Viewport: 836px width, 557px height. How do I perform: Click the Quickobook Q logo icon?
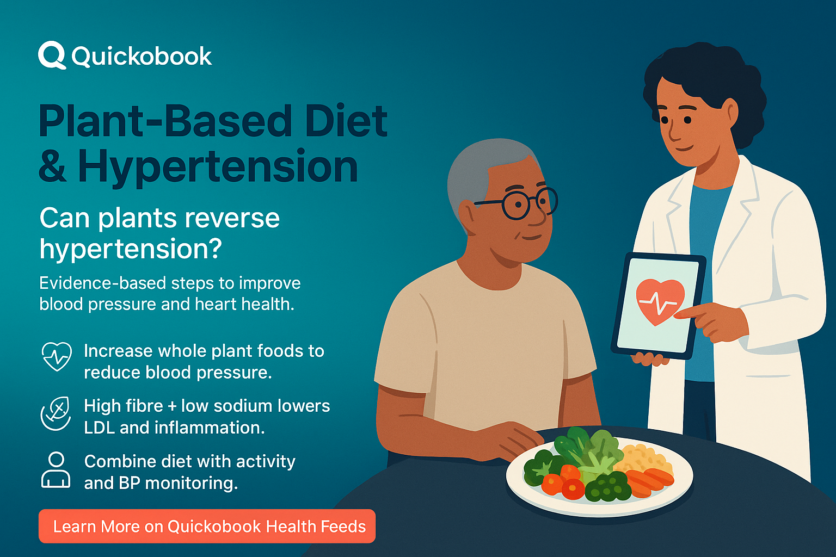[x=52, y=55]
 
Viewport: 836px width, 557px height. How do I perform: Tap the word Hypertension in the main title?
[x=218, y=166]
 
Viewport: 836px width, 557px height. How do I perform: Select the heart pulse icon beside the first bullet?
[x=57, y=356]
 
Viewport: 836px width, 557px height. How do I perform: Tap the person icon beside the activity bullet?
[x=56, y=470]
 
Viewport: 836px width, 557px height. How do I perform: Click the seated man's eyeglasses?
[x=517, y=204]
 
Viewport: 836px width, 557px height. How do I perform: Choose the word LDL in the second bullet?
[x=99, y=428]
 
